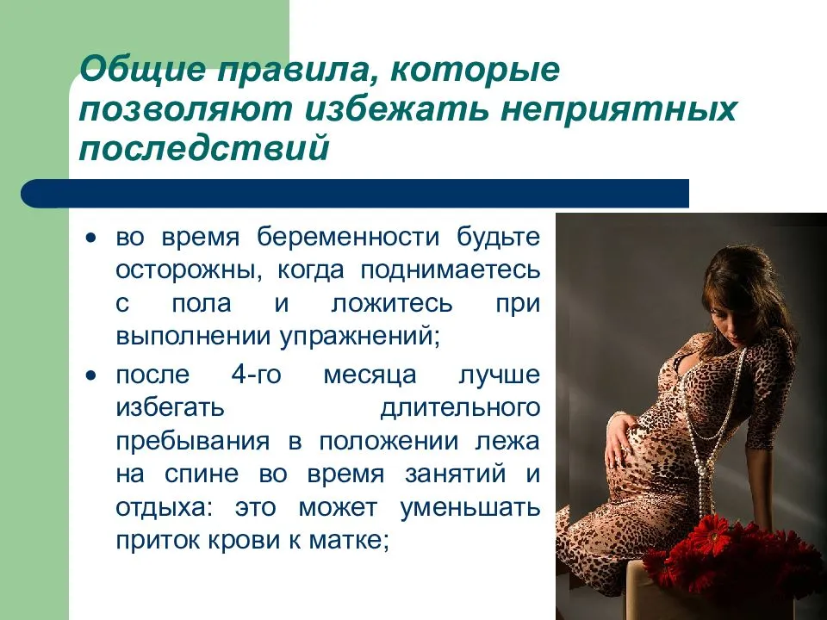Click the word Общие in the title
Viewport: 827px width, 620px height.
(142, 69)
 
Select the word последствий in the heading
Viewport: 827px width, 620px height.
(204, 148)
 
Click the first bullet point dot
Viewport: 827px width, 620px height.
(92, 238)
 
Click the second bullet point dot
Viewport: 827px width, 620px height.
(92, 376)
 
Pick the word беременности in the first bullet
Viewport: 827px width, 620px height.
(348, 238)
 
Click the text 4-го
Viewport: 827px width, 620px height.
(257, 375)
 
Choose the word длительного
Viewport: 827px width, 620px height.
(460, 408)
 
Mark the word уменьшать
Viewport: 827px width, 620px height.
(470, 508)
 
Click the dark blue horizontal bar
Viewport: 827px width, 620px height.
(355, 194)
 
